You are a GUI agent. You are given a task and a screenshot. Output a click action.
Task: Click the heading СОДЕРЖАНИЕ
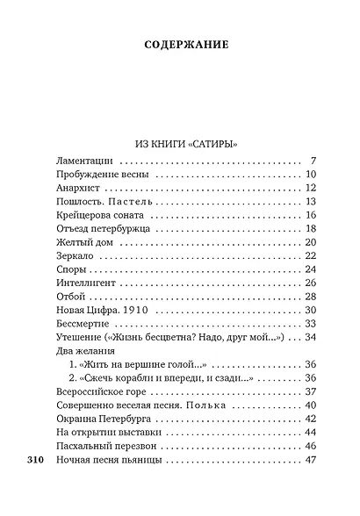pos(179,43)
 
